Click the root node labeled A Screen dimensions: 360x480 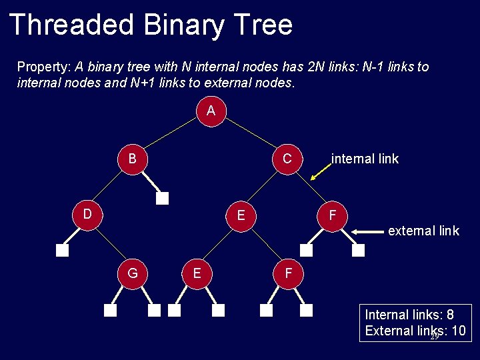point(211,111)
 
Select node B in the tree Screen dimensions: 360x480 point(133,159)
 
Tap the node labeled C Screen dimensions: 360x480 point(287,159)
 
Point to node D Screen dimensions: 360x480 point(87,214)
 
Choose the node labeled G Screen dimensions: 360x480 point(133,273)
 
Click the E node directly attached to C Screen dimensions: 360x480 point(241,215)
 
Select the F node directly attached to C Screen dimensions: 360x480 point(331,215)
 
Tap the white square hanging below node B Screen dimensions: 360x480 point(163,198)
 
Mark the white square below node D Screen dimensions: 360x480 point(62,251)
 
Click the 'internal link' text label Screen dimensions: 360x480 point(365,159)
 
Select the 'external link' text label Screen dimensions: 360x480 point(423,231)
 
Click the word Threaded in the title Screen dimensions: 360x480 point(71,25)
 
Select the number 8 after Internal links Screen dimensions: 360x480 point(450,315)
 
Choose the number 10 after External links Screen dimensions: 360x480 point(458,331)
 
